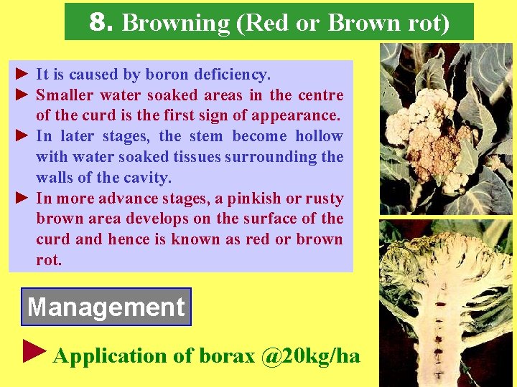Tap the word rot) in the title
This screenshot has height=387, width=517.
click(428, 23)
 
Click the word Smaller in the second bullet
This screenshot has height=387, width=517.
click(65, 95)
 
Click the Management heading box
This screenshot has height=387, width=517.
click(106, 307)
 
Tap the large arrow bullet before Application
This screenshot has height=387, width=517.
click(34, 351)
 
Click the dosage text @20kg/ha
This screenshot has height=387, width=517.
click(310, 356)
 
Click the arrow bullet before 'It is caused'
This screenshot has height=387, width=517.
click(22, 75)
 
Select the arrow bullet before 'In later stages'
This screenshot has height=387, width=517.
click(22, 136)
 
